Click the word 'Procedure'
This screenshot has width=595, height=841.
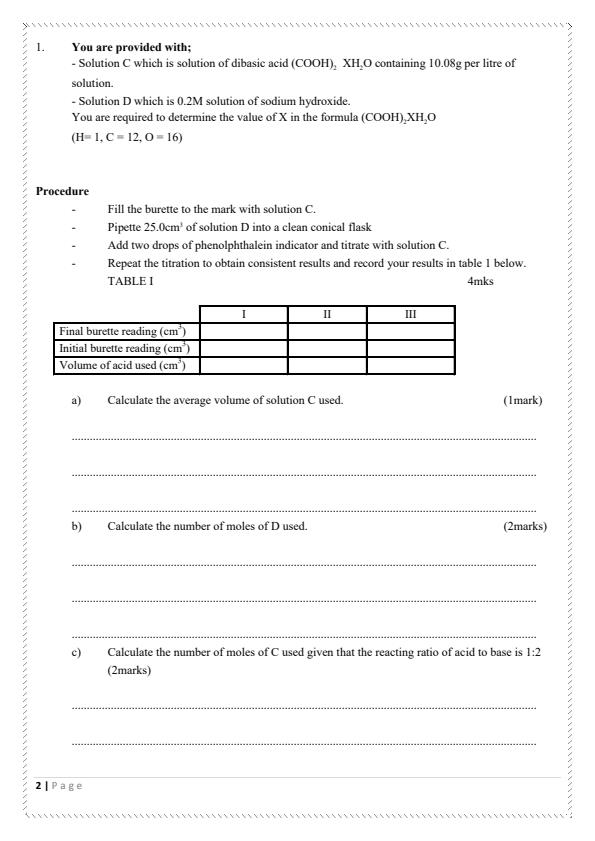[x=62, y=191]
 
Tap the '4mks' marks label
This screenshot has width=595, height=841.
[x=480, y=282]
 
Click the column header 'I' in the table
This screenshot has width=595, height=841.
[x=244, y=314]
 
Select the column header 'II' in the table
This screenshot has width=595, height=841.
[x=327, y=314]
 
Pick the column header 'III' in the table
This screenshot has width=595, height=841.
[x=410, y=314]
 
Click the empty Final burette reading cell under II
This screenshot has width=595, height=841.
[x=327, y=331]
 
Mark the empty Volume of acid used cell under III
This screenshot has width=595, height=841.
[x=410, y=365]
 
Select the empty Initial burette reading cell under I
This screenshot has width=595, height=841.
[x=244, y=348]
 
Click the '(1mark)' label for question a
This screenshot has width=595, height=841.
[x=522, y=400]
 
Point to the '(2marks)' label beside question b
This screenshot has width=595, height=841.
[x=524, y=526]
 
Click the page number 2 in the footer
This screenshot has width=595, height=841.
[x=39, y=785]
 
